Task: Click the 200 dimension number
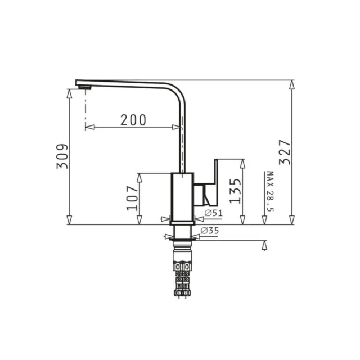[x=133, y=120]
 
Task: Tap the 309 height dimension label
[x=62, y=156]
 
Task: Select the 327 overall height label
[x=285, y=152]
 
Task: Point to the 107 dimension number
[x=133, y=199]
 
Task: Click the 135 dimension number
[x=236, y=191]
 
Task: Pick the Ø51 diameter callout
[x=214, y=213]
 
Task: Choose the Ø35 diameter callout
[x=210, y=230]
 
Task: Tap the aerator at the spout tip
[x=85, y=87]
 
